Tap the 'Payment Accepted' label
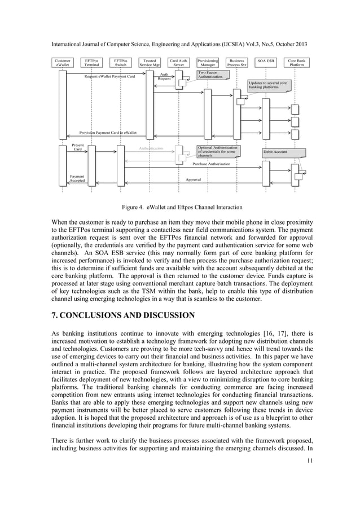(x=77, y=178)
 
